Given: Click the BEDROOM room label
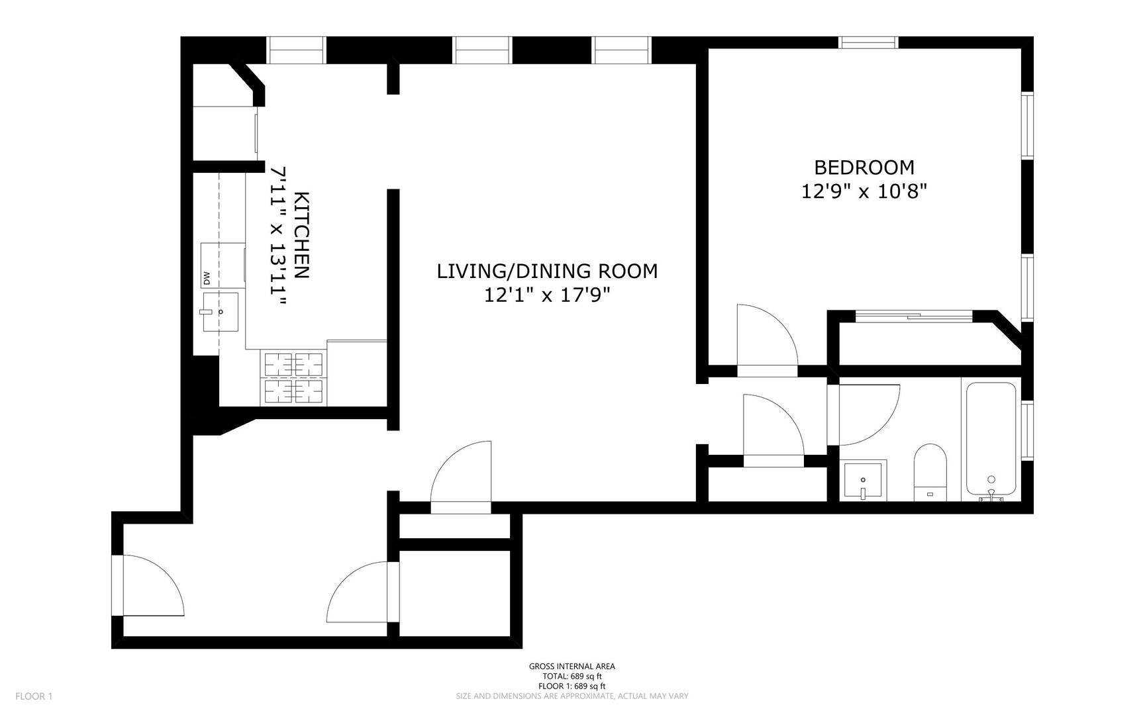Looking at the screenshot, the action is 864,167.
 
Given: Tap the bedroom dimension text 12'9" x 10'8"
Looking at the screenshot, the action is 864,192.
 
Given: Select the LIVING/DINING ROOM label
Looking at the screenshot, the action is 547,271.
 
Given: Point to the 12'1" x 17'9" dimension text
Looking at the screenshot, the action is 547,295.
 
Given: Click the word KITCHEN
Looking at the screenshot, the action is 301,235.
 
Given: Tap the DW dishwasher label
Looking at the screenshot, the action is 206,279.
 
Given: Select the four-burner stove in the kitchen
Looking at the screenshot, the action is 294,377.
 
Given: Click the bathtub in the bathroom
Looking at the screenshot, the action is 991,438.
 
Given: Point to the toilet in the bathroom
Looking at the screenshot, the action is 931,472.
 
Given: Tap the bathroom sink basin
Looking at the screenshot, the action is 864,481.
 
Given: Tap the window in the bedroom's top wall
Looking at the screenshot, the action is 868,42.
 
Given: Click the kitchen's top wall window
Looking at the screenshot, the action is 296,50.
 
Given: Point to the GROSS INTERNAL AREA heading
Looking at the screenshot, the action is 572,667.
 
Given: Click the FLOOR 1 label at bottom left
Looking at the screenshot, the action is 34,696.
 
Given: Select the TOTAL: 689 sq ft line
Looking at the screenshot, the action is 572,677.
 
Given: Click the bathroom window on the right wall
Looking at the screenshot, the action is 1027,430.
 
